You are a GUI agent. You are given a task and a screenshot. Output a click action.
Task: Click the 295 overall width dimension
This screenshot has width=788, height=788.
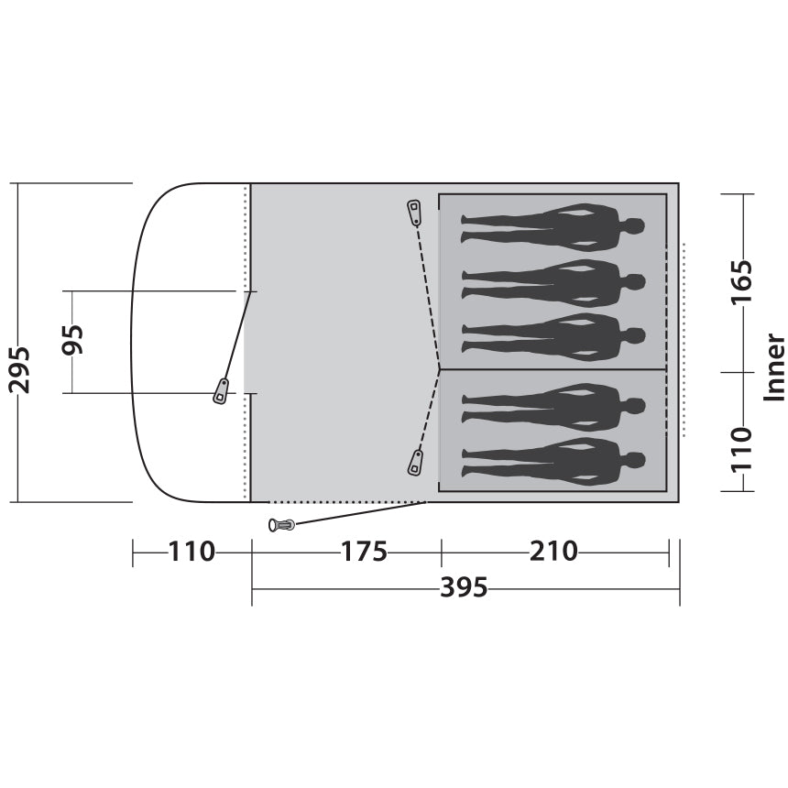pos(19,369)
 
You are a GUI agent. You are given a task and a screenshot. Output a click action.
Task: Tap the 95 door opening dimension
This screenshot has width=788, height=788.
pos(72,340)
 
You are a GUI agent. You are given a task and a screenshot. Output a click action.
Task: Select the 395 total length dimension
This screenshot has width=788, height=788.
pos(464,587)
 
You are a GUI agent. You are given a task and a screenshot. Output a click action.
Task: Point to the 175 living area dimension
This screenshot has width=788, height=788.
pos(364,552)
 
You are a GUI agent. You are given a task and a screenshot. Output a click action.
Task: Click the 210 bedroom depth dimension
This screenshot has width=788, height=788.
pos(553,552)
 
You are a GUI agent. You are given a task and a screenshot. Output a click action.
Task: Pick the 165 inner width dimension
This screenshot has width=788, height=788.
pos(742,281)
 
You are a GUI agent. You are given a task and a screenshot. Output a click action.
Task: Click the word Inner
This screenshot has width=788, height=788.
pos(774,367)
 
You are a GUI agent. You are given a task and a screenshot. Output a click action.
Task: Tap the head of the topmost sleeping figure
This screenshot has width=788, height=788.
pos(635,226)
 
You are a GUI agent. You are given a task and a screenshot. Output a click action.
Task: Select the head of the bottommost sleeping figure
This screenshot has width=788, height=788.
pos(635,460)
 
